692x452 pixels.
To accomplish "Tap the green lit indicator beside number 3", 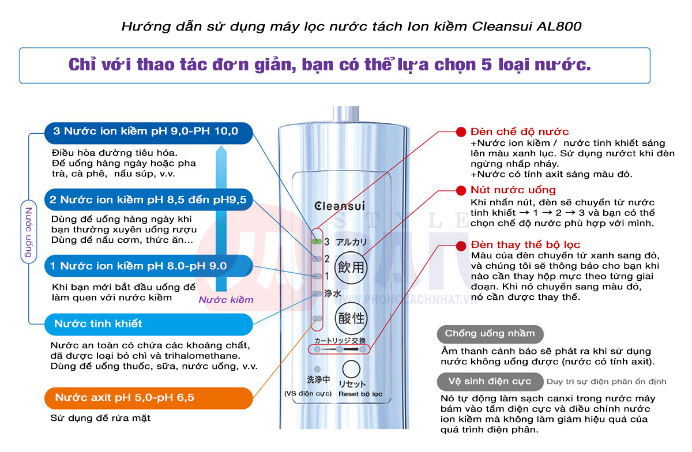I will click(315, 241).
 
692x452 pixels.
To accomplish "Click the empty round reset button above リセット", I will click(351, 369).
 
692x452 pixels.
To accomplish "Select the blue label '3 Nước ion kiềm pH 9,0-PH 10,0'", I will click(148, 131).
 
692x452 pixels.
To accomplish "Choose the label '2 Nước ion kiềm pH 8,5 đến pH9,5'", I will click(148, 199).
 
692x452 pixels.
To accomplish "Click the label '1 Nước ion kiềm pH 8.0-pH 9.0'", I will click(148, 266).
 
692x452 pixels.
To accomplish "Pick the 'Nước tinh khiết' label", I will click(148, 324).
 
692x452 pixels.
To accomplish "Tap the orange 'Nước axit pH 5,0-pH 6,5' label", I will click(148, 398).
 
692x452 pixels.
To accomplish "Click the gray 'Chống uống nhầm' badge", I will click(490, 333).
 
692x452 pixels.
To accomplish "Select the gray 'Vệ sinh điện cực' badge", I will click(490, 381).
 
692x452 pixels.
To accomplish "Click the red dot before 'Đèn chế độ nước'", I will click(461, 132).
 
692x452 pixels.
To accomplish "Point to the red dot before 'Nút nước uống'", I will click(461, 190).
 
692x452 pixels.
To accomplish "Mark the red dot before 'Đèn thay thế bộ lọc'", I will click(461, 245).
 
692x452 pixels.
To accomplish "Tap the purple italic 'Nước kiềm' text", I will click(226, 300).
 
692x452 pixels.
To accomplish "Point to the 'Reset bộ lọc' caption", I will click(360, 394).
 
